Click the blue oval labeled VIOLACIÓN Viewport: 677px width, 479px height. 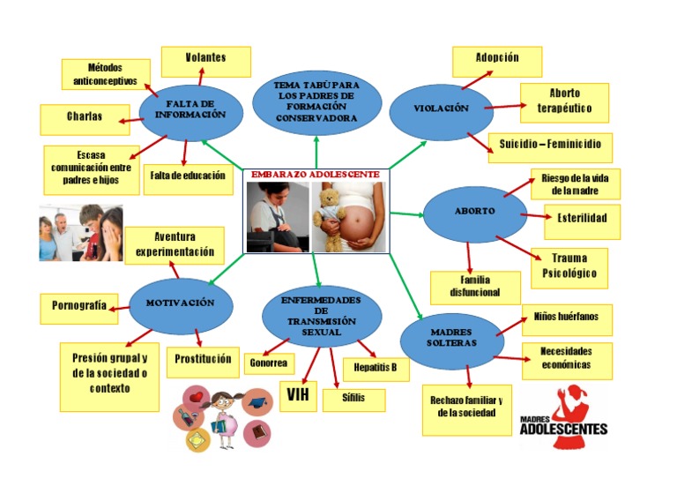[440, 109]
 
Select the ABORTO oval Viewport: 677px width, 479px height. [474, 213]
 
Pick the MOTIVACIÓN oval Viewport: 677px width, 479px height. [180, 303]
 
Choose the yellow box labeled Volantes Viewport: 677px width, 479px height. [205, 60]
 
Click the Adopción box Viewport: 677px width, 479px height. [496, 60]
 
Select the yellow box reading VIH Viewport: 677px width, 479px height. [298, 394]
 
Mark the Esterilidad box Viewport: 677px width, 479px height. [576, 219]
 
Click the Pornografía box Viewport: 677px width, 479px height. [78, 307]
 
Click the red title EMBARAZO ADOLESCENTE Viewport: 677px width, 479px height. [316, 175]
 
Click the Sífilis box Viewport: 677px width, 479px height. [353, 398]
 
